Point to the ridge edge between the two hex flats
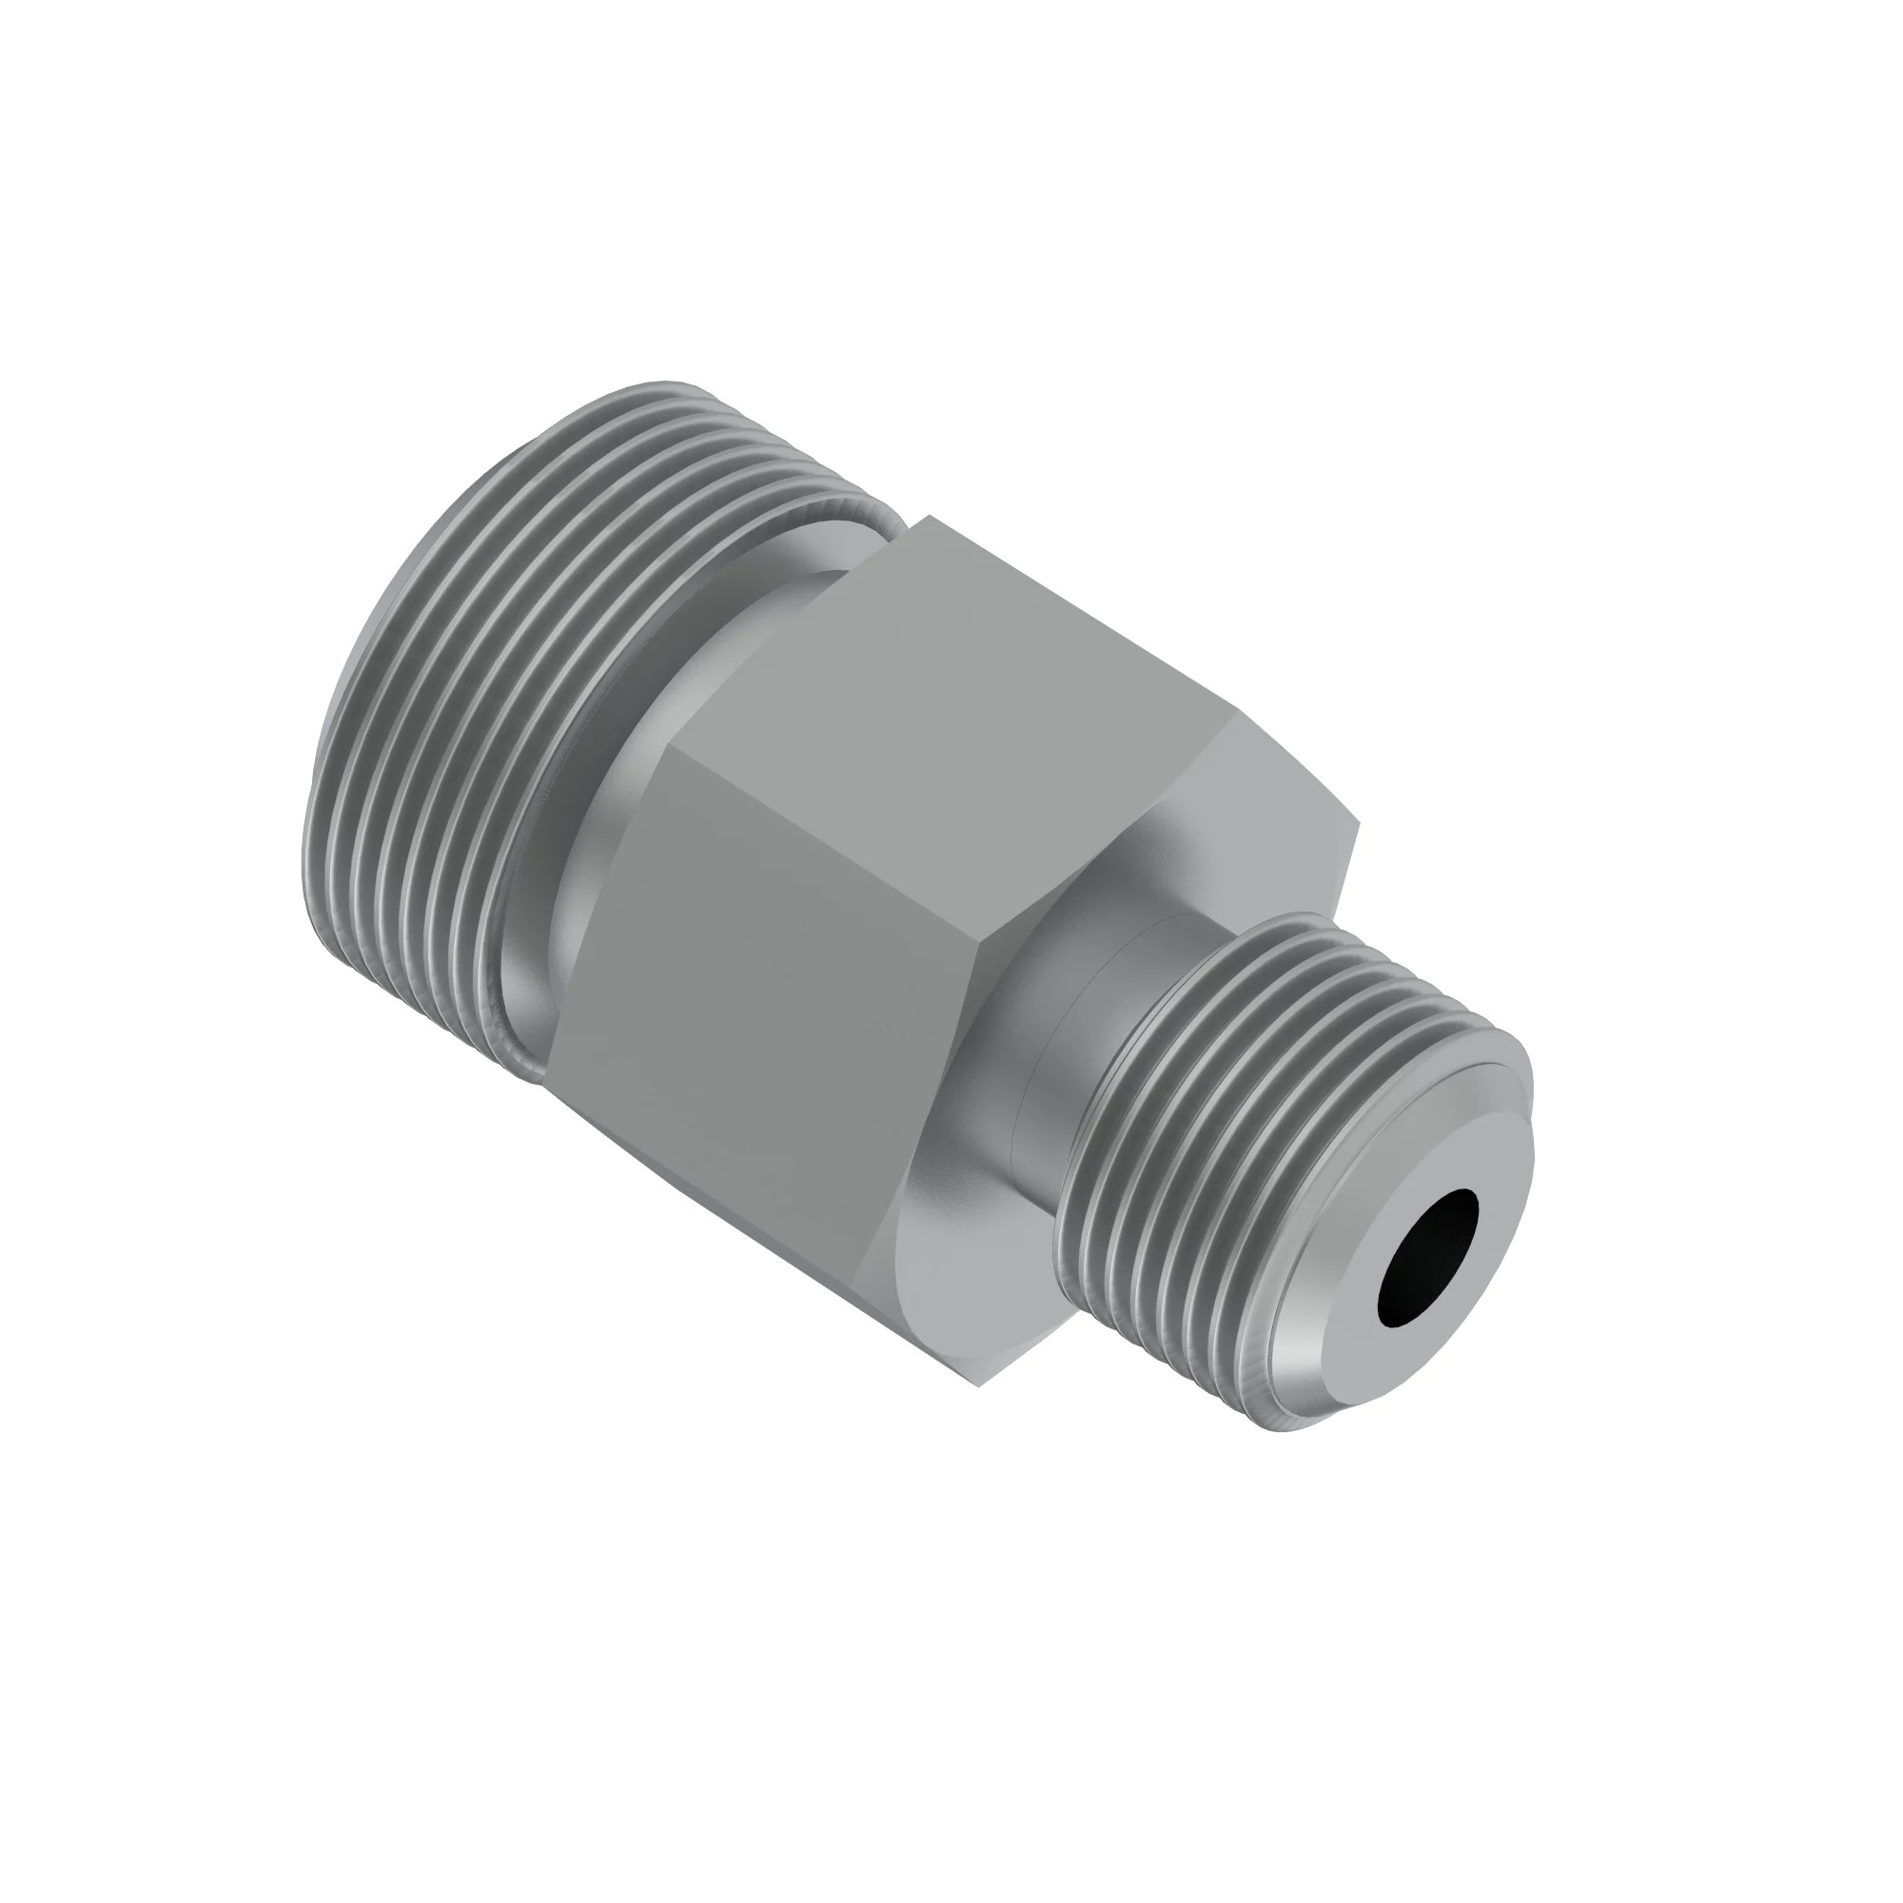coord(828,847)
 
